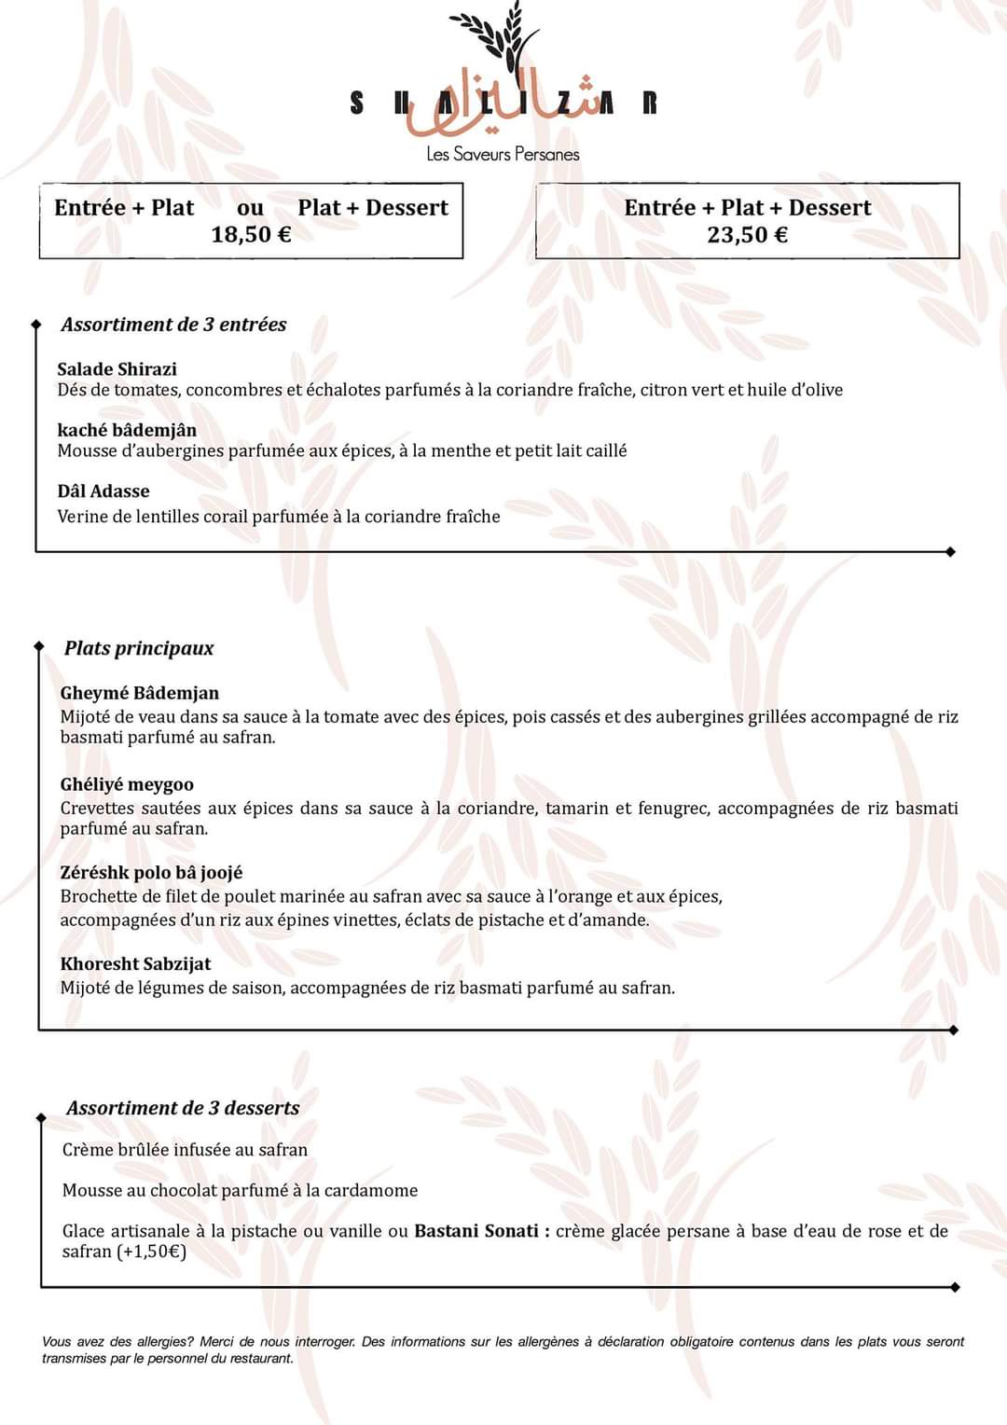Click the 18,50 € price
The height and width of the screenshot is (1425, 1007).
tap(251, 234)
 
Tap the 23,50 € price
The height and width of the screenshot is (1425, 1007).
tap(747, 234)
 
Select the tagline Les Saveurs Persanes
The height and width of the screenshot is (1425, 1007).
tap(503, 154)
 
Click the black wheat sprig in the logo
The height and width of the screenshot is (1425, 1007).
tap(499, 37)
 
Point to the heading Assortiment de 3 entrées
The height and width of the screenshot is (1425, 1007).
tap(173, 325)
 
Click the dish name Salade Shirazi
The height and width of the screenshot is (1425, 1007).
tap(117, 368)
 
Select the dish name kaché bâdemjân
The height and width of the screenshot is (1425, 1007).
tap(127, 430)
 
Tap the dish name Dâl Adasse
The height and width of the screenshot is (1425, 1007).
tap(103, 491)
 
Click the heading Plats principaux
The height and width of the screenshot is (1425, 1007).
tap(139, 648)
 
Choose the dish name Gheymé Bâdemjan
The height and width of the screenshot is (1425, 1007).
tap(140, 693)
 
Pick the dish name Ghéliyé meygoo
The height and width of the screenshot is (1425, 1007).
tap(127, 784)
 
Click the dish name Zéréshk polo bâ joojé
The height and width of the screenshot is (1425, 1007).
tap(151, 873)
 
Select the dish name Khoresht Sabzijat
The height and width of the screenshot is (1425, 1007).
tap(135, 964)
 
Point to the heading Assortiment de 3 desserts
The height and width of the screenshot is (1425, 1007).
tap(183, 1108)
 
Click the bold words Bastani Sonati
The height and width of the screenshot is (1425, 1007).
tap(476, 1231)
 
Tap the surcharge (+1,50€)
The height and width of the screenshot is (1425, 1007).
tap(151, 1252)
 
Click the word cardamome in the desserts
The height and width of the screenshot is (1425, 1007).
tap(372, 1191)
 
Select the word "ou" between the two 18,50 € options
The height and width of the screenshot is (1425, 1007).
tap(250, 207)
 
